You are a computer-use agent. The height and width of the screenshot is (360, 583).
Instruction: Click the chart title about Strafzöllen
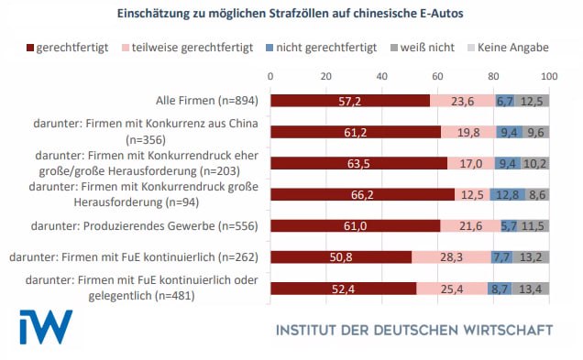(291, 14)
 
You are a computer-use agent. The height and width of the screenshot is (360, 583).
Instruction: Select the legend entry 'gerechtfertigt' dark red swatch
(31, 46)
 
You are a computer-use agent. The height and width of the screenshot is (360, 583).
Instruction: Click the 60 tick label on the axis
(437, 74)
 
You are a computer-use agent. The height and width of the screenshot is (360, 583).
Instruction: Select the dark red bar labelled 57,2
(349, 101)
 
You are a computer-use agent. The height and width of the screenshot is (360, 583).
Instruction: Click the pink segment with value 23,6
(462, 101)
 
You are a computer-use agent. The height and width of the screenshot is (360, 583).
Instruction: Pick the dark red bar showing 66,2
(362, 195)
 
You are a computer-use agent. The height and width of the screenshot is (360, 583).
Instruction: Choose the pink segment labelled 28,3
(451, 258)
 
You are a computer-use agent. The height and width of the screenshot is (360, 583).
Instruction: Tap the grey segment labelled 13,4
(532, 289)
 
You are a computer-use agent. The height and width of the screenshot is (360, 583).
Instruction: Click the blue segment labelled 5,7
(509, 226)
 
